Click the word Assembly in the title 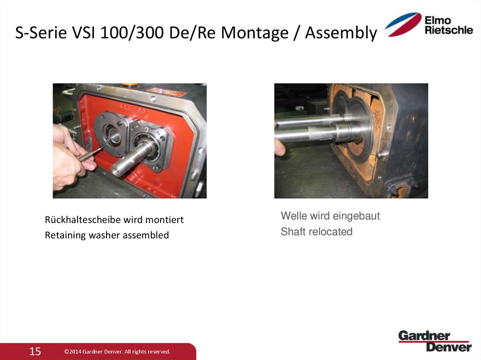[341, 33]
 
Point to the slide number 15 [35, 351]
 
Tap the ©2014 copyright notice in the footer [117, 352]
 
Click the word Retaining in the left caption [63, 235]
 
